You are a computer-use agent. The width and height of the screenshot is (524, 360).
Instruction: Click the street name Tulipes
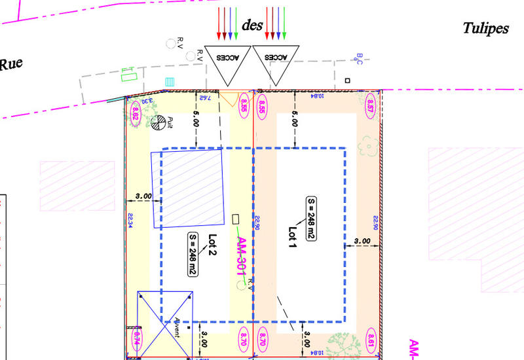[485, 29]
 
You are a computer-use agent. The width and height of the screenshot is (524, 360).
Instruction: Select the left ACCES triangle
[227, 63]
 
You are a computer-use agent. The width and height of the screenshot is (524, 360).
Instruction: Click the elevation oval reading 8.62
[136, 111]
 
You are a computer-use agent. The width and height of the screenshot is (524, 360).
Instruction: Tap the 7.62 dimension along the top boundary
[204, 98]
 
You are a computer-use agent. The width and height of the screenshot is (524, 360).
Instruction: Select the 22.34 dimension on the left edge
[130, 221]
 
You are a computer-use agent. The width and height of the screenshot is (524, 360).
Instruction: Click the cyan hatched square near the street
[170, 82]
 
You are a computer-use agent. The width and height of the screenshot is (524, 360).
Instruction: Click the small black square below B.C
[348, 81]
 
